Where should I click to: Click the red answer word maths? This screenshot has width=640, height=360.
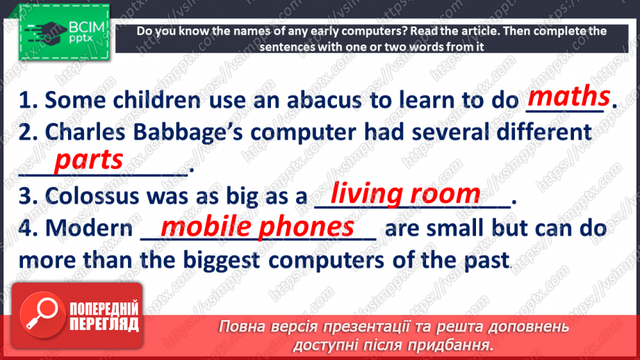[568, 97]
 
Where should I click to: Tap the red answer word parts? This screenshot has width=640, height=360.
[88, 161]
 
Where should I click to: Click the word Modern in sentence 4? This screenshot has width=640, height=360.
[89, 228]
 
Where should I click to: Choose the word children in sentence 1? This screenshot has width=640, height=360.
[157, 100]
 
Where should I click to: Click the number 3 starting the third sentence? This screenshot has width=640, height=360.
[26, 196]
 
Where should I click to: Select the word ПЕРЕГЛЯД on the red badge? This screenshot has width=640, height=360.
[104, 325]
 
